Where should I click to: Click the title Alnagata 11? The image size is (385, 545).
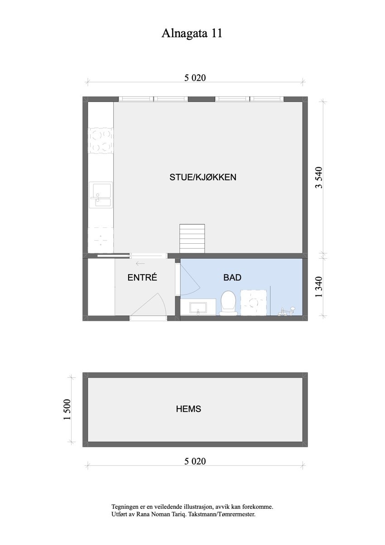point(192,34)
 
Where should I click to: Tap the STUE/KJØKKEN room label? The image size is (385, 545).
point(203,177)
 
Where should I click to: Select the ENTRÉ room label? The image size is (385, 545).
point(142,278)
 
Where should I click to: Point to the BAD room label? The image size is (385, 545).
point(232,277)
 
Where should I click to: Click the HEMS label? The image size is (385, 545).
point(188,409)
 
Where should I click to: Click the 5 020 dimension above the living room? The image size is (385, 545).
point(195,78)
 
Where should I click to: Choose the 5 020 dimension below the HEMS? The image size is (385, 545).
point(195,462)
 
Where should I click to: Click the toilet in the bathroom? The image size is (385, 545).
point(228,303)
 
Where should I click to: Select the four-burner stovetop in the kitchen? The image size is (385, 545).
point(100,140)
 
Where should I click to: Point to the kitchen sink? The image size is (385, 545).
point(101,195)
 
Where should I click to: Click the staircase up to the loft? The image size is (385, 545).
point(192,239)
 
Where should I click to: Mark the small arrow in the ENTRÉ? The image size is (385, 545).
point(140,263)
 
